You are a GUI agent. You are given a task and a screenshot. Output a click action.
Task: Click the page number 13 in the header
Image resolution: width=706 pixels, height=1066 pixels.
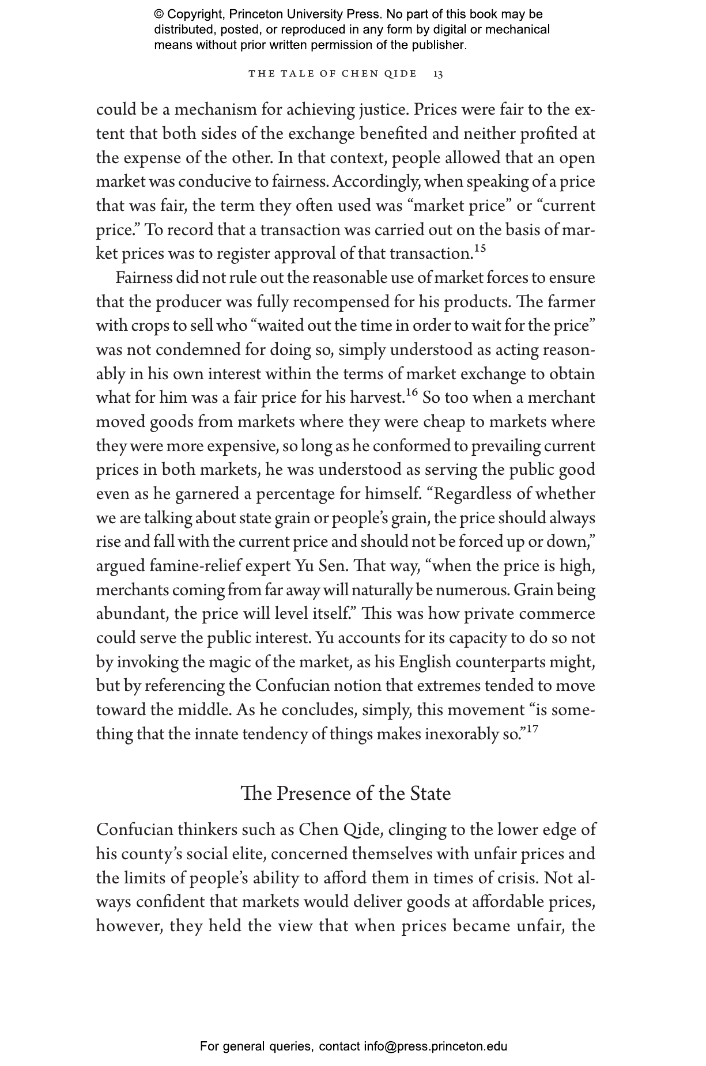click(x=438, y=74)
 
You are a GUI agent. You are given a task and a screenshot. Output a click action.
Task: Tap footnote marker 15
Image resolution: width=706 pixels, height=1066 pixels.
click(x=480, y=249)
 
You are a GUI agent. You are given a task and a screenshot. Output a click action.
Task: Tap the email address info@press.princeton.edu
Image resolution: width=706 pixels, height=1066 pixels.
click(x=435, y=1046)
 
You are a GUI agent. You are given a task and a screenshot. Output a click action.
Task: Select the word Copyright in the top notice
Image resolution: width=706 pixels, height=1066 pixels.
click(x=192, y=14)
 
